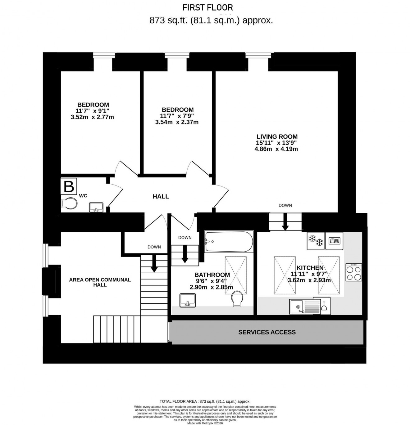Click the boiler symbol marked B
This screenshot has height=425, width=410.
point(68,186)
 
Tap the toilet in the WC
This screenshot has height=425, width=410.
point(69,203)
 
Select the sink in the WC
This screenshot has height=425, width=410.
point(96,207)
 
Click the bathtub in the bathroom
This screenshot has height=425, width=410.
point(229,241)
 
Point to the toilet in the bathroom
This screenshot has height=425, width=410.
point(238,298)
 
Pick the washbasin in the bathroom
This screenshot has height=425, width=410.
point(188,300)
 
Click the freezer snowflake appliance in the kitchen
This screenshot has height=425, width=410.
point(316,240)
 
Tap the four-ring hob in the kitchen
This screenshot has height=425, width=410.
point(353,272)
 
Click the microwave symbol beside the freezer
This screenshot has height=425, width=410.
point(334,241)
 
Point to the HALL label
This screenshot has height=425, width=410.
point(161,196)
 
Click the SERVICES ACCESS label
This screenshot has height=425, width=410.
point(267,332)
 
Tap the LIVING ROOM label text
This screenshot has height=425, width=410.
point(277,136)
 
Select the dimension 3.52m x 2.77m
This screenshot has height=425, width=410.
point(92,117)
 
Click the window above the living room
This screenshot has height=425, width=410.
point(258,56)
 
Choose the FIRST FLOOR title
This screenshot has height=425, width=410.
point(207,7)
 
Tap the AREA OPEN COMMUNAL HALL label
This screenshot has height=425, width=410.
point(100,282)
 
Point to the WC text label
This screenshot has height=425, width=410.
point(83,196)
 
